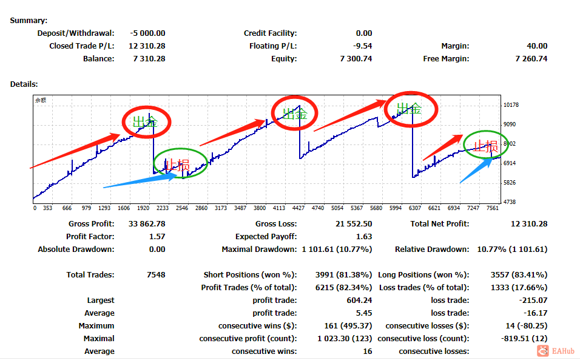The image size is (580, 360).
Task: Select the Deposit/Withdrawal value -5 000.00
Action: click(x=147, y=33)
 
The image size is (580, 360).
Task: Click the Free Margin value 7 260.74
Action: click(x=531, y=59)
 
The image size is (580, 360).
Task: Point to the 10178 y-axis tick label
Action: click(x=511, y=105)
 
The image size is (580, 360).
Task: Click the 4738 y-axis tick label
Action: click(x=510, y=202)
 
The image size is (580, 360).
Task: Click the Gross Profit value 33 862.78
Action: click(x=147, y=224)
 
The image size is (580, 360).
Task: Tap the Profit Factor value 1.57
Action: click(x=157, y=237)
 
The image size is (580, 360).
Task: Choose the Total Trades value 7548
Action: click(x=156, y=275)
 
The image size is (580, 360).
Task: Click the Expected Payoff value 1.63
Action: click(x=363, y=237)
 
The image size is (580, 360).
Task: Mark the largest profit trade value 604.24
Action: click(x=359, y=301)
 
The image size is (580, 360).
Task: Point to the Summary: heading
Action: click(x=29, y=21)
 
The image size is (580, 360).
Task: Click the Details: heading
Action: click(x=24, y=84)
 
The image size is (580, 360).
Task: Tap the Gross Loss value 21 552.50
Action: click(x=354, y=224)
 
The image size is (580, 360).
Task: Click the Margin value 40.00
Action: click(x=537, y=46)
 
